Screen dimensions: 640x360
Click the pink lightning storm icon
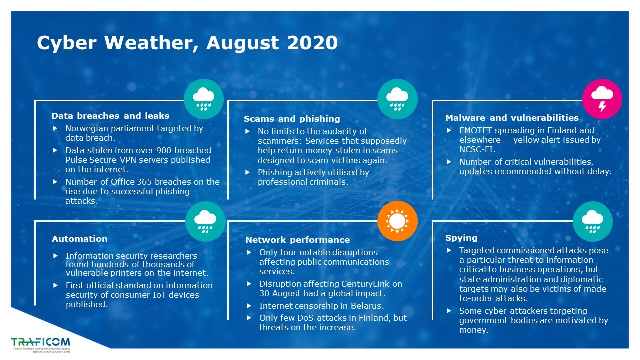coord(602,99)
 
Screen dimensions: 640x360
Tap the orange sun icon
coord(397,221)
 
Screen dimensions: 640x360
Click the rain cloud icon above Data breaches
coord(203,99)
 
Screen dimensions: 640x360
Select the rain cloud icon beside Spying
coord(593,221)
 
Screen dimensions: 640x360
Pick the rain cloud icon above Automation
coord(205,221)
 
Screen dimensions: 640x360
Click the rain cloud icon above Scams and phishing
coord(397,99)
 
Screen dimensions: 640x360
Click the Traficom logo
coord(41,345)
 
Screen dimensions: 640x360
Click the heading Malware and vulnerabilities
coord(512,118)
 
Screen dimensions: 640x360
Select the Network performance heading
coord(297,240)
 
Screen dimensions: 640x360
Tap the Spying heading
coord(461,238)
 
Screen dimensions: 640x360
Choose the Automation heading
coord(80,239)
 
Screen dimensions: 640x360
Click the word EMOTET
coord(476,130)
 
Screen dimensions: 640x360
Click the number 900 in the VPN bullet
coord(164,150)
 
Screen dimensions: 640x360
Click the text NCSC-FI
coord(477,149)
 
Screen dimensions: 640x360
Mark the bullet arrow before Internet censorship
coord(249,306)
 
